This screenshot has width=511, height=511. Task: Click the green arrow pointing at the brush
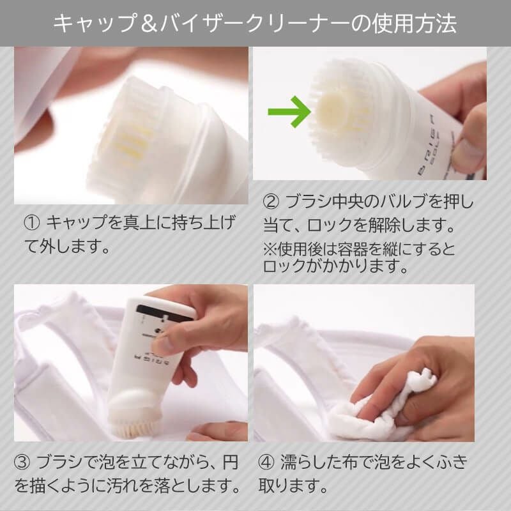click(289, 112)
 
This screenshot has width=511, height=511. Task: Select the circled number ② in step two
click(271, 202)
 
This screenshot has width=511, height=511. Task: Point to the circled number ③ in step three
click(23, 462)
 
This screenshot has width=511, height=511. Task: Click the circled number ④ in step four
click(266, 462)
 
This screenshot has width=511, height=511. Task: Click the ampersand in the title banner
click(149, 24)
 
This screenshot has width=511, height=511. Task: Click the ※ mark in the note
click(270, 249)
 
